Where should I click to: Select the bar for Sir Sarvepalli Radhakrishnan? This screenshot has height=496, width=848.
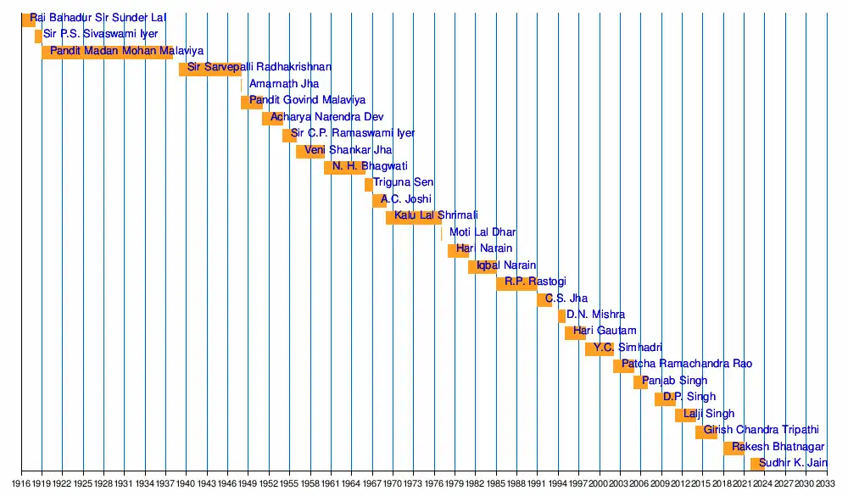click(209, 69)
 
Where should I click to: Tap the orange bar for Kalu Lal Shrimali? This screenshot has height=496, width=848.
click(413, 218)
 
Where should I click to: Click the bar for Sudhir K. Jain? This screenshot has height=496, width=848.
click(756, 464)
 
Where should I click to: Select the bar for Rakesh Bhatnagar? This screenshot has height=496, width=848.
click(734, 448)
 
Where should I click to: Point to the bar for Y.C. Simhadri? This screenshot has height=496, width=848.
click(600, 349)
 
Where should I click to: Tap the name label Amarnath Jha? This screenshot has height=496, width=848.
click(284, 84)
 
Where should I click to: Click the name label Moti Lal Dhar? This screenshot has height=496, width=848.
click(483, 232)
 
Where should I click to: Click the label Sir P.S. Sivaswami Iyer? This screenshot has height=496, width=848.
click(101, 35)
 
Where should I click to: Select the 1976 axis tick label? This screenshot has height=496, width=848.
click(434, 483)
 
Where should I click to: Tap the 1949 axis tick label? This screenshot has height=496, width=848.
click(248, 483)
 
